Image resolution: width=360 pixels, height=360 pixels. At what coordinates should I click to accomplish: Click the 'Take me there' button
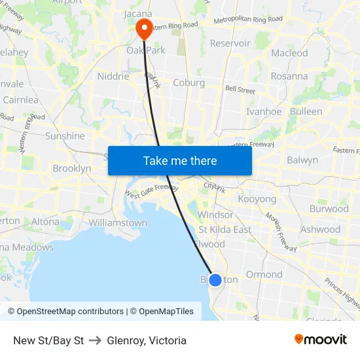pyautogui.click(x=180, y=160)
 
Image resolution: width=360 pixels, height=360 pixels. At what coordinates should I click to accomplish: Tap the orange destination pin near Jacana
pyautogui.click(x=143, y=27)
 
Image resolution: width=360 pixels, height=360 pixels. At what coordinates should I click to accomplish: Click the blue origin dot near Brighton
pyautogui.click(x=215, y=279)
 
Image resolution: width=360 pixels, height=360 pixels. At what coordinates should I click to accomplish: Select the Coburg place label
pyautogui.click(x=189, y=83)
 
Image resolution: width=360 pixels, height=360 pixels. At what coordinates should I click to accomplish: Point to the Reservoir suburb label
pyautogui.click(x=230, y=43)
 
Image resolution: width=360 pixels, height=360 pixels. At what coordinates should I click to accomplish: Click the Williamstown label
pyautogui.click(x=118, y=223)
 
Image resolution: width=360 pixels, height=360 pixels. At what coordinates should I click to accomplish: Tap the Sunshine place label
pyautogui.click(x=65, y=136)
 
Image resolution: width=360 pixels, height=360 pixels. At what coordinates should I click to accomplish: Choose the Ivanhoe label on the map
pyautogui.click(x=264, y=111)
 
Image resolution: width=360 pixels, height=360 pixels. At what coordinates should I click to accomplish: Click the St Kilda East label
pyautogui.click(x=225, y=229)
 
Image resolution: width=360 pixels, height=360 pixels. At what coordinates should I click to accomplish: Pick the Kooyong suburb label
pyautogui.click(x=257, y=198)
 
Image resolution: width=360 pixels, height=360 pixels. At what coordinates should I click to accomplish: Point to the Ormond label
pyautogui.click(x=264, y=274)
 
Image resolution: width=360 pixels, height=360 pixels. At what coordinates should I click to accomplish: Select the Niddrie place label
pyautogui.click(x=113, y=76)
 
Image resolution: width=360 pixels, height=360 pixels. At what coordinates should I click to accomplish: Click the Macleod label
pyautogui.click(x=289, y=53)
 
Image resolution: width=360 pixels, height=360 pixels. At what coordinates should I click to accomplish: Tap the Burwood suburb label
pyautogui.click(x=329, y=209)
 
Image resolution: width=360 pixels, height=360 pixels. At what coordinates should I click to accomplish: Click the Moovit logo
pyautogui.click(x=321, y=340)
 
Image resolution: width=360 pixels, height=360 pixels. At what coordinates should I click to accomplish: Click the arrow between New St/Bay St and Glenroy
pyautogui.click(x=96, y=340)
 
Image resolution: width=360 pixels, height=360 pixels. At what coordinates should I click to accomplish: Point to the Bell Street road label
pyautogui.click(x=240, y=89)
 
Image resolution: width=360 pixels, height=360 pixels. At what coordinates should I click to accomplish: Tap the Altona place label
pyautogui.click(x=45, y=221)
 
